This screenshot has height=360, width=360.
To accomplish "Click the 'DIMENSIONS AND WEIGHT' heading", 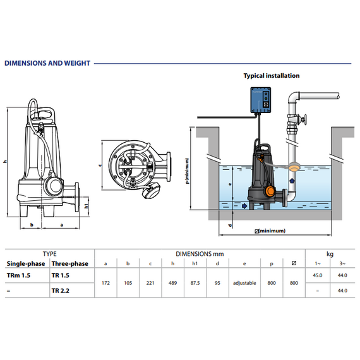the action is (x=47, y=63).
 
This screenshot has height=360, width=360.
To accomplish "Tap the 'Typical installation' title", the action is (x=272, y=76).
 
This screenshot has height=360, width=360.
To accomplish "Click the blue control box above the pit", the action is (x=261, y=100).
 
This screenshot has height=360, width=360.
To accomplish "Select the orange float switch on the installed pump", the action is (x=270, y=191).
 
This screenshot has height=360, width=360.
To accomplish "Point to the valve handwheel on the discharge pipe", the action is (x=304, y=120).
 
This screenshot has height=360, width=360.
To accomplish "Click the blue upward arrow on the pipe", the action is (x=292, y=181).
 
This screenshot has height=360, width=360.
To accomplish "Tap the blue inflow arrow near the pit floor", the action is (x=244, y=206).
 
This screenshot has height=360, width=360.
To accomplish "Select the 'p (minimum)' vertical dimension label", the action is (x=188, y=171).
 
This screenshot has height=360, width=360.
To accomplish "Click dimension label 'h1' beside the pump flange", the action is (x=87, y=206).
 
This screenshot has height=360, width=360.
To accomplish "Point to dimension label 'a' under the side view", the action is (x=61, y=225).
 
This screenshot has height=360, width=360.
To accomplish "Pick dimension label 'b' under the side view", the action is (x=32, y=225).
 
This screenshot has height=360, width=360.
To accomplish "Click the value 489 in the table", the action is (x=172, y=283).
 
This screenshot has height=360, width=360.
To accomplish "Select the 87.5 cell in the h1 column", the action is (x=195, y=283).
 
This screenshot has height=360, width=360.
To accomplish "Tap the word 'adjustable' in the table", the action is (x=244, y=283).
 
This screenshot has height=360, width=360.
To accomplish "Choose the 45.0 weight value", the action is (x=318, y=275).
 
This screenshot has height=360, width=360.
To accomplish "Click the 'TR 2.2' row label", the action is (x=61, y=291).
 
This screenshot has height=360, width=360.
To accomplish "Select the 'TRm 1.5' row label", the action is (x=18, y=275).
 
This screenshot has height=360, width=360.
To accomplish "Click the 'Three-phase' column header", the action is (x=70, y=263).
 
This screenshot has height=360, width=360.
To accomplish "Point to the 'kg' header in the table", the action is (x=330, y=254).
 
